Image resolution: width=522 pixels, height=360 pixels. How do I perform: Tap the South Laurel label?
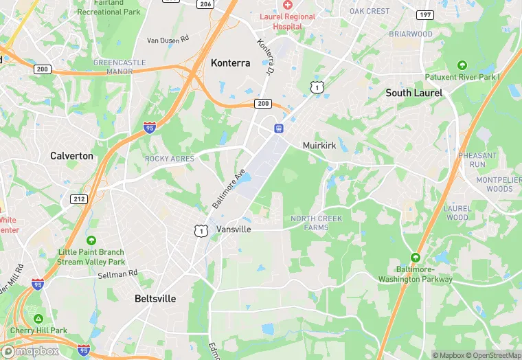(x=413, y=93)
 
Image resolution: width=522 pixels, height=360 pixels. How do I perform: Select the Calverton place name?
(x=71, y=156)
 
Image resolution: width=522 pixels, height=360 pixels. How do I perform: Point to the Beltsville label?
(x=155, y=299)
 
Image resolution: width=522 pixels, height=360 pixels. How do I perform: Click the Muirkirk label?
(x=319, y=146)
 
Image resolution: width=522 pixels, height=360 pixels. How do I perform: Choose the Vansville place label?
(x=234, y=229)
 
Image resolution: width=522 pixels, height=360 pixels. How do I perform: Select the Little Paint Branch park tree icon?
(x=91, y=240)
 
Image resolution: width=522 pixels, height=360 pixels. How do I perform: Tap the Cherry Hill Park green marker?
(x=39, y=319)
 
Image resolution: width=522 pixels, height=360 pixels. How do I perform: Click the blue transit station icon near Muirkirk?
(x=279, y=128)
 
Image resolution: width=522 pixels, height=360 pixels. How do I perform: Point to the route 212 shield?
(x=78, y=199)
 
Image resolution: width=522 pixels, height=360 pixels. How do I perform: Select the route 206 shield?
(x=205, y=4)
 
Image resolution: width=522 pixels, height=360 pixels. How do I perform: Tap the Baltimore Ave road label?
(x=229, y=190)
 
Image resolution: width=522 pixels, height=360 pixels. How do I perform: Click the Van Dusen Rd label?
(x=168, y=41)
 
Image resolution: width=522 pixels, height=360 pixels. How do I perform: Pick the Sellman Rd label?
(x=118, y=273)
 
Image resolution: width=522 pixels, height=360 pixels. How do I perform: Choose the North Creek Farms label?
(x=315, y=223)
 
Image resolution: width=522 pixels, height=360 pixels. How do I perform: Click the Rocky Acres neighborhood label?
(x=169, y=159)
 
